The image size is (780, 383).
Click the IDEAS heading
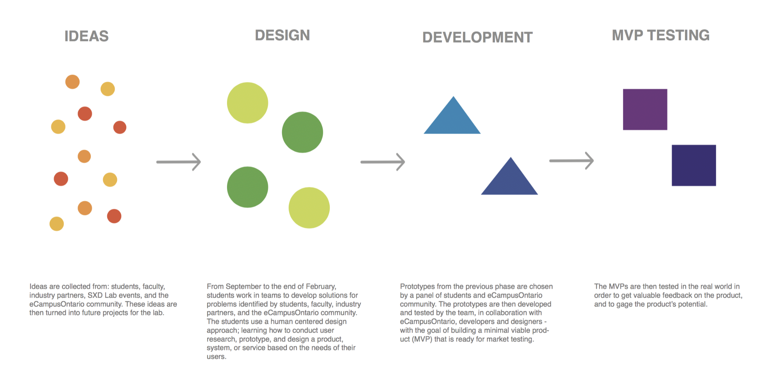click(x=86, y=36)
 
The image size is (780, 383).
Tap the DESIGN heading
click(x=282, y=35)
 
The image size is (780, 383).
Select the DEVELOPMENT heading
click(x=477, y=37)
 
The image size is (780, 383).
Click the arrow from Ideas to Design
click(x=179, y=162)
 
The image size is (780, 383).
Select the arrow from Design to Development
click(x=383, y=162)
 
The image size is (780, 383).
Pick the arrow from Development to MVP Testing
click(x=571, y=161)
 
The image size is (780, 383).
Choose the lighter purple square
click(x=645, y=110)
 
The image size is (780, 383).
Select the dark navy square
click(x=694, y=165)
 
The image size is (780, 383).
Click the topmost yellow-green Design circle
click(x=248, y=103)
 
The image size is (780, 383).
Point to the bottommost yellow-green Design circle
click(x=309, y=208)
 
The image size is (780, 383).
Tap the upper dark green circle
click(x=302, y=132)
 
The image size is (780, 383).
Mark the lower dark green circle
click(x=248, y=187)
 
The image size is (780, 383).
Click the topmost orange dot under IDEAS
click(x=72, y=82)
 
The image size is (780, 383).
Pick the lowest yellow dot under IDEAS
click(x=57, y=224)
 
